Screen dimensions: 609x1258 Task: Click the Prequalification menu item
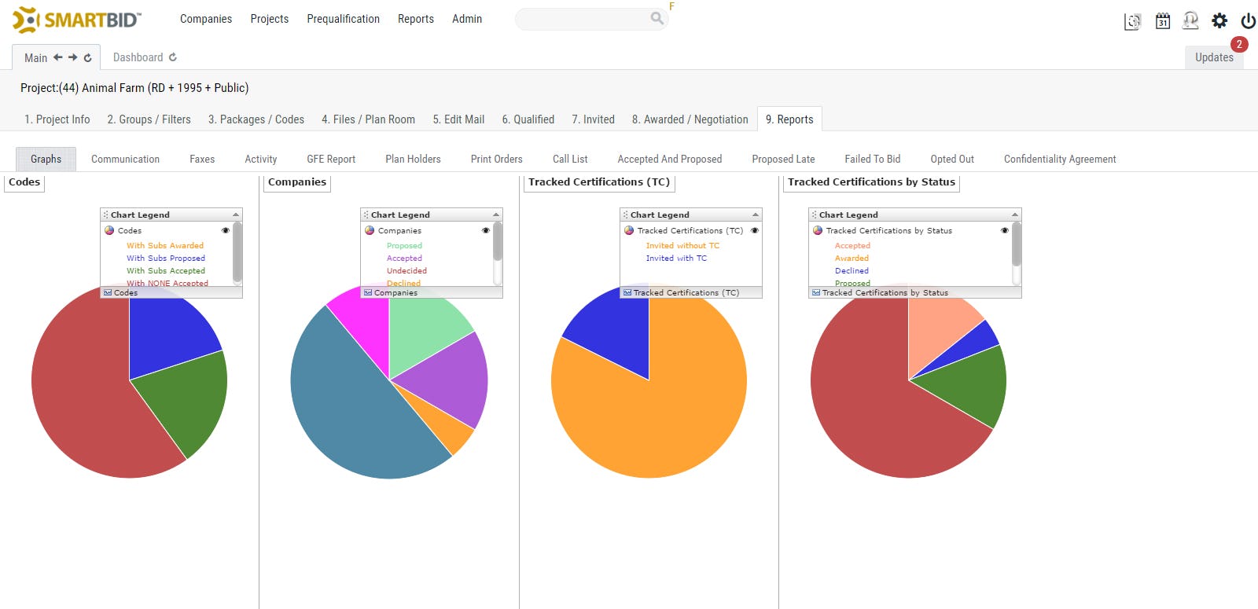click(x=343, y=19)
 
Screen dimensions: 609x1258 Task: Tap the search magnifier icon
click(x=657, y=18)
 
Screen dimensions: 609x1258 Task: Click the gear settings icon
click(x=1219, y=21)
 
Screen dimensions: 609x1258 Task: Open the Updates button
click(x=1214, y=57)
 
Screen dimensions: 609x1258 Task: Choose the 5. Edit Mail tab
click(x=458, y=119)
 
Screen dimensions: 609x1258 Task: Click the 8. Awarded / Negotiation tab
click(x=690, y=119)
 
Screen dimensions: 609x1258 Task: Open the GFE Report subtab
click(x=331, y=159)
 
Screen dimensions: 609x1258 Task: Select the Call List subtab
click(x=570, y=159)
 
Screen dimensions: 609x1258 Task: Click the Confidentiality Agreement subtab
click(x=1059, y=159)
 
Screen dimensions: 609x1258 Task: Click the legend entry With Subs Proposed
click(x=165, y=259)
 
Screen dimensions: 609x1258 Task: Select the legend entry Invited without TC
click(x=682, y=246)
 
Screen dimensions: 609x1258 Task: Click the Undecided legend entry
click(x=406, y=271)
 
